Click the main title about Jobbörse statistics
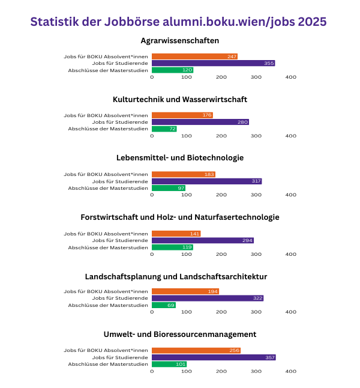[179, 22]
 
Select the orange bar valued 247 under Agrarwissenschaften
[194, 56]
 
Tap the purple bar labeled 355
[213, 63]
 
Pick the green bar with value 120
[172, 70]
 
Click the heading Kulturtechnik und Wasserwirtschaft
[180, 99]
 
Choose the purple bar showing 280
[200, 122]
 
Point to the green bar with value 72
[164, 129]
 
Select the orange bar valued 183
[183, 174]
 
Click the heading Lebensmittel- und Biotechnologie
[180, 158]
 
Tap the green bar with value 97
[168, 188]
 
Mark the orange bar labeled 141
[176, 234]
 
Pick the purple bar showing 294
[202, 240]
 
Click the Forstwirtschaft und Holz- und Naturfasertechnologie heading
[180, 217]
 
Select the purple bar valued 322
[207, 298]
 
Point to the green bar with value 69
[163, 305]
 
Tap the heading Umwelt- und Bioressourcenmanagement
[180, 334]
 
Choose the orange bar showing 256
[196, 350]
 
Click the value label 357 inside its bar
[270, 357]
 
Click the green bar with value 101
[169, 364]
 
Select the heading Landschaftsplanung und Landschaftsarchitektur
[180, 276]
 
